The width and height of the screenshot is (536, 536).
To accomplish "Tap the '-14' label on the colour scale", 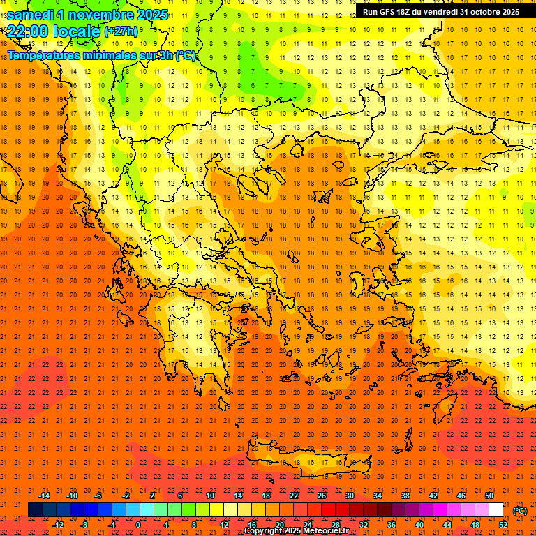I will pyautogui.click(x=44, y=496).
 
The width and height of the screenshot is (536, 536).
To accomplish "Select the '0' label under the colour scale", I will pyautogui.click(x=138, y=525).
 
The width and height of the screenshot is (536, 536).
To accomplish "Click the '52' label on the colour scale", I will pyautogui.click(x=503, y=525).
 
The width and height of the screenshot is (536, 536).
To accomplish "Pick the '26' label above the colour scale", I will pyautogui.click(x=322, y=496).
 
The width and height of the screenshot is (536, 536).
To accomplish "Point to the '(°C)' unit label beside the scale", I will pyautogui.click(x=520, y=511).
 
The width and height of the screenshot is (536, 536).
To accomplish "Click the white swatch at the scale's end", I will pyautogui.click(x=496, y=510).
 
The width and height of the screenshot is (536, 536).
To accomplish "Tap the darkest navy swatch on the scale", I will pyautogui.click(x=35, y=510).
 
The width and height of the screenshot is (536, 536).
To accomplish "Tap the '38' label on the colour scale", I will pyautogui.click(x=405, y=496).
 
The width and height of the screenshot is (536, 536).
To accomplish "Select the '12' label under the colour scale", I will pyautogui.click(x=224, y=525).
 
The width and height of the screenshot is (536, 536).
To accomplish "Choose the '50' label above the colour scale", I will pyautogui.click(x=489, y=496).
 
